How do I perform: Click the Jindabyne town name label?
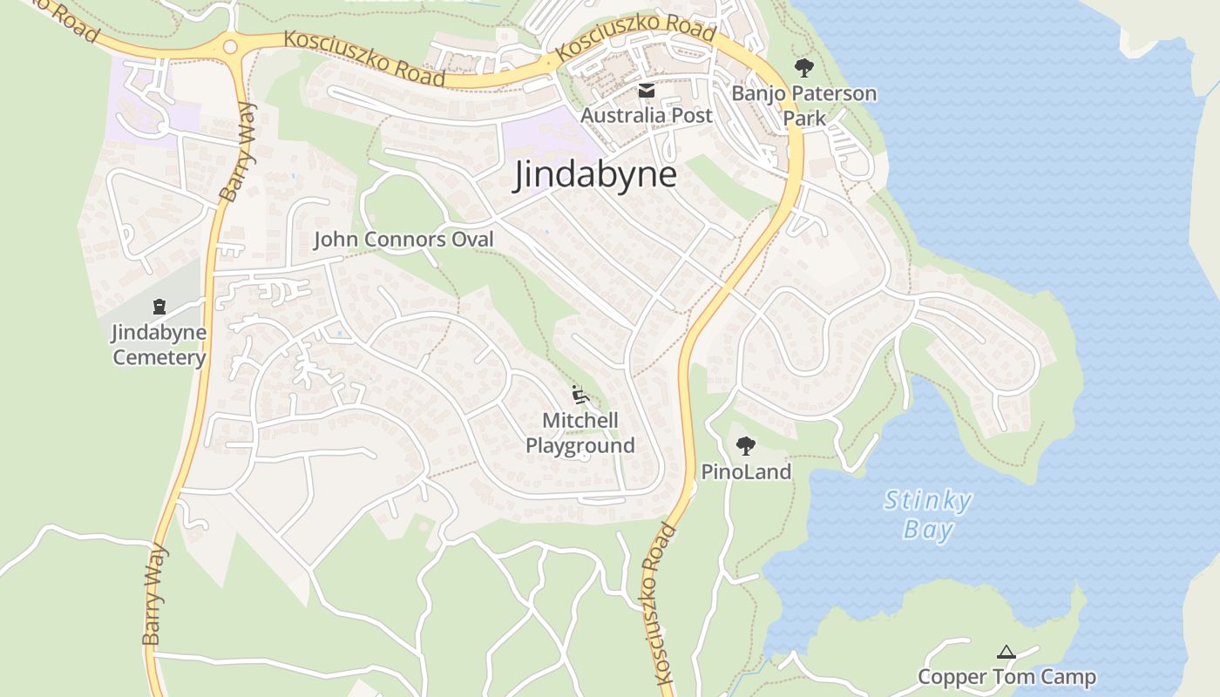pyautogui.click(x=595, y=174)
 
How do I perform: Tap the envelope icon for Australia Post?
pyautogui.click(x=647, y=91)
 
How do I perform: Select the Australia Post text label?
pyautogui.click(x=647, y=115)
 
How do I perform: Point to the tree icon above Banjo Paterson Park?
pyautogui.click(x=803, y=67)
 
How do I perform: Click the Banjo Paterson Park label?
pyautogui.click(x=803, y=105)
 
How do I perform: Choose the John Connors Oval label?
pyautogui.click(x=403, y=240)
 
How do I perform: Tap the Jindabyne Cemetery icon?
pyautogui.click(x=159, y=306)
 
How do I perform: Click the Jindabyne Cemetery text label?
pyautogui.click(x=159, y=344)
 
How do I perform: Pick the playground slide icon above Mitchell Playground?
pyautogui.click(x=579, y=395)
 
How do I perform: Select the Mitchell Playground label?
pyautogui.click(x=579, y=433)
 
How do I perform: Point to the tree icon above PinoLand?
pyautogui.click(x=745, y=446)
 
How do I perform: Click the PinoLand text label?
pyautogui.click(x=746, y=472)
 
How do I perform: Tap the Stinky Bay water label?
pyautogui.click(x=927, y=514)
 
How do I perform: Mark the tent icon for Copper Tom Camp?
pyautogui.click(x=1006, y=652)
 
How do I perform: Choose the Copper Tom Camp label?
pyautogui.click(x=1006, y=677)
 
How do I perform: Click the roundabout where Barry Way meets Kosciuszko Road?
pyautogui.click(x=230, y=46)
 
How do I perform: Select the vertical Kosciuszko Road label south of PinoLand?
pyautogui.click(x=661, y=601)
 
